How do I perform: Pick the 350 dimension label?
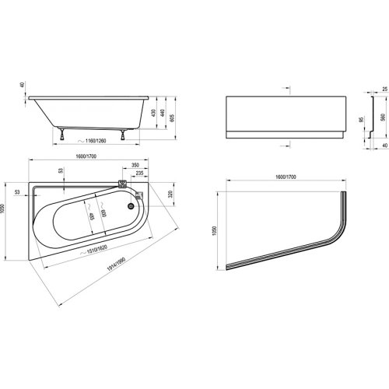tap(138, 166)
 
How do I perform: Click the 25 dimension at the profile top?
tap(383, 90)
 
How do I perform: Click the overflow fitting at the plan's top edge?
tap(124, 184)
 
